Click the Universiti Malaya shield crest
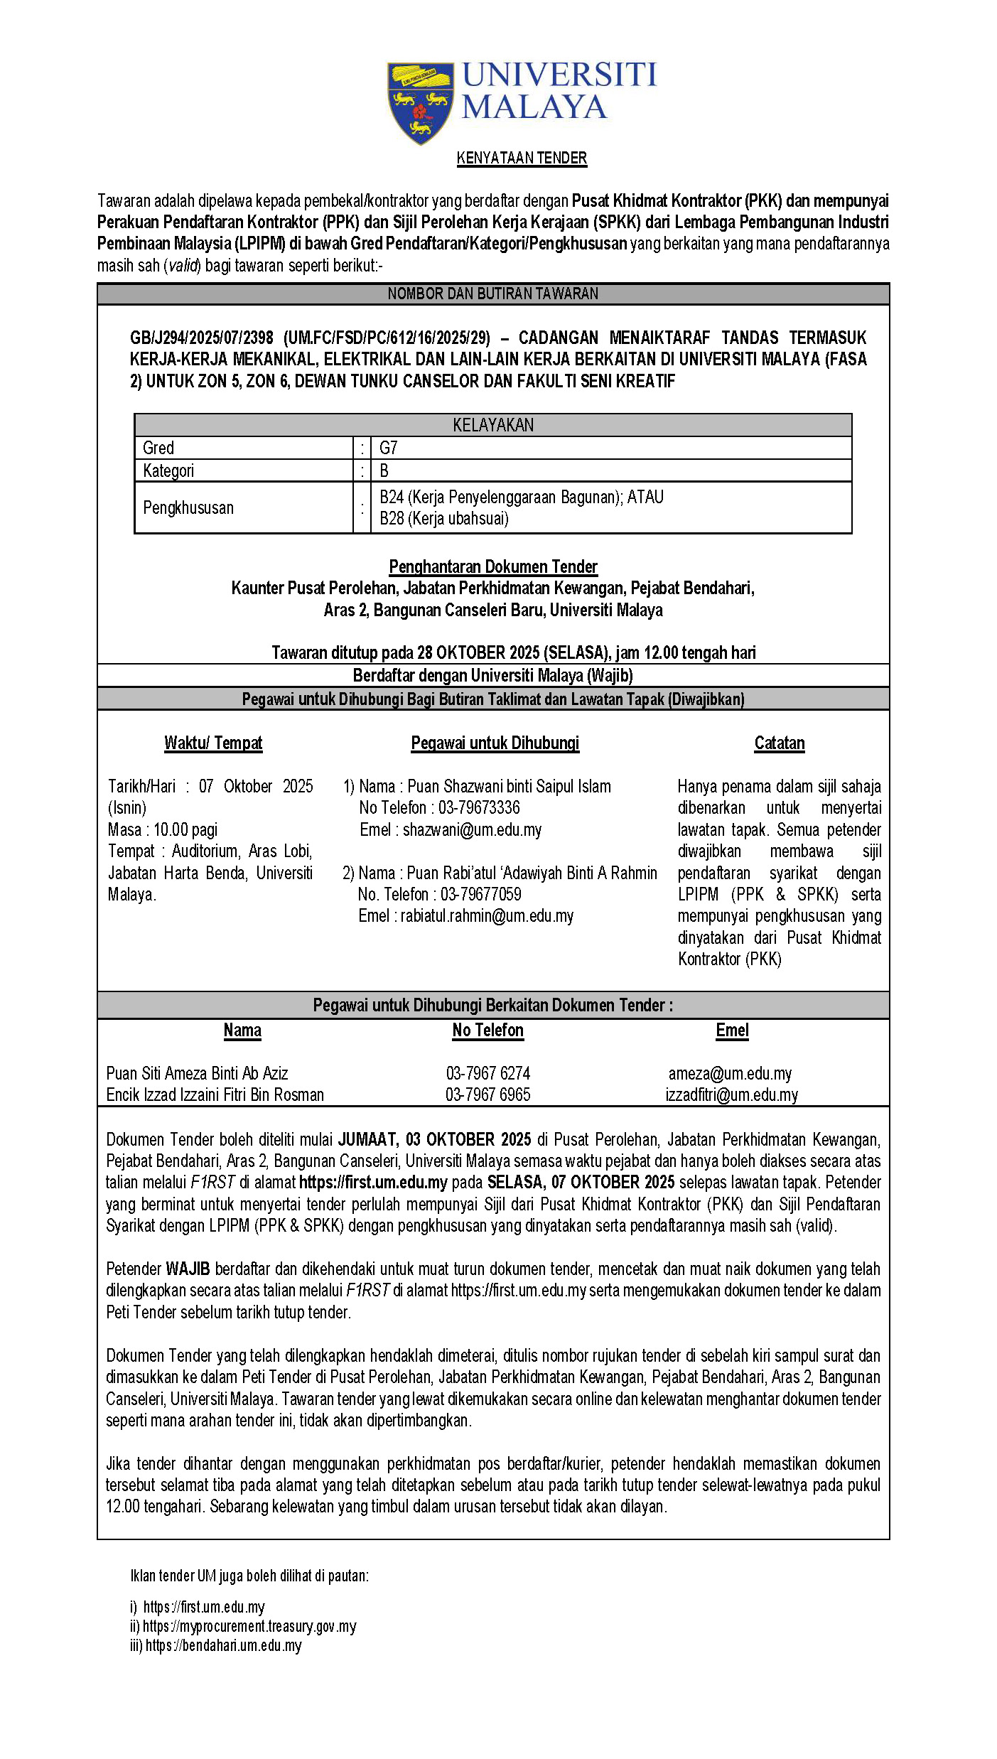tap(420, 101)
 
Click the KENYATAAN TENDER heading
tap(522, 158)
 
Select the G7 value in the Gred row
tap(389, 448)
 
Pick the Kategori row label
tap(168, 470)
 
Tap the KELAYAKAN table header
tap(493, 425)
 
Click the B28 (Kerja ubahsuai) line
tap(444, 519)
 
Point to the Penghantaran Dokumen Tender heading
tap(493, 566)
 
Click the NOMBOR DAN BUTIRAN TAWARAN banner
tap(493, 294)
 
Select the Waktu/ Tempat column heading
tap(213, 743)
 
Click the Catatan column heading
tap(780, 743)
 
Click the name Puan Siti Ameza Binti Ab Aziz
tap(197, 1073)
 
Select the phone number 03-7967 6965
tap(488, 1094)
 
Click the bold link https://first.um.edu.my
tap(373, 1182)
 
